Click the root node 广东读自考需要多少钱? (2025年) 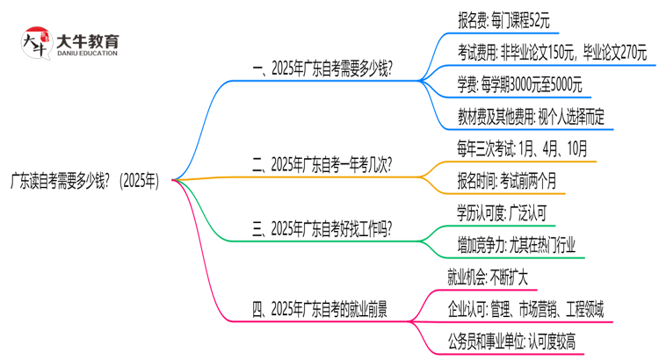tap(84, 180)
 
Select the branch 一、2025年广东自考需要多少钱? tap(322, 68)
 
